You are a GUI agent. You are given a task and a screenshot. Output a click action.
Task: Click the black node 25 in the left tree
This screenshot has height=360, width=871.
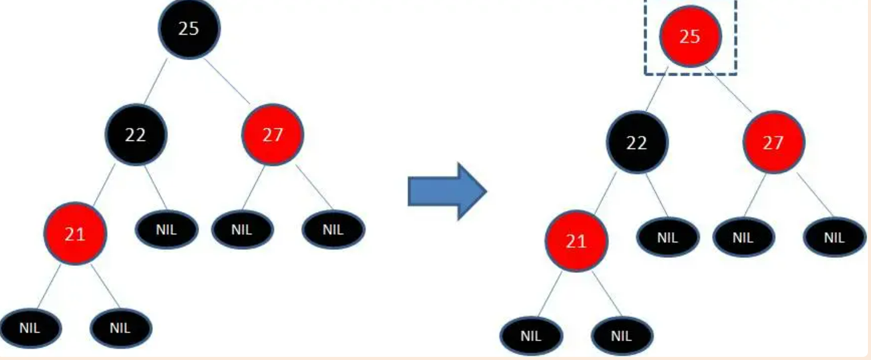coord(189,28)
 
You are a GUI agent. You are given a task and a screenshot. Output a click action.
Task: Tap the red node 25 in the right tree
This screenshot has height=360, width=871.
coord(690,36)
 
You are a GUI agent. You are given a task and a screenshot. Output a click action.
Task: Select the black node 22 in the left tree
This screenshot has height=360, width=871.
coord(135,135)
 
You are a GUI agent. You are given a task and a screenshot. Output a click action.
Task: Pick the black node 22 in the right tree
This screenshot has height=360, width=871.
coord(637,143)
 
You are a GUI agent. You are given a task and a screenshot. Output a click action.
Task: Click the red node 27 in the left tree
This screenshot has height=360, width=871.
coord(273,135)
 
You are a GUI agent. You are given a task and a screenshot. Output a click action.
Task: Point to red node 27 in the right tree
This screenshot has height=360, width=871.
coord(773,143)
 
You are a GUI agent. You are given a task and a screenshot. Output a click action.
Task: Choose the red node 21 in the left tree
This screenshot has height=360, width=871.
coord(75,233)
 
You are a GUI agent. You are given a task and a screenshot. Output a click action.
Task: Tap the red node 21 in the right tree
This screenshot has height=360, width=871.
coord(576,241)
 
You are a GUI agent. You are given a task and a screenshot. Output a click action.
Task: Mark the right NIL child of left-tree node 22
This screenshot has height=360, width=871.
coord(166,230)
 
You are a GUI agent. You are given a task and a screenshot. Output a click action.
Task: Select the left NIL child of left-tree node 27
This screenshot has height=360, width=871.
coord(242,230)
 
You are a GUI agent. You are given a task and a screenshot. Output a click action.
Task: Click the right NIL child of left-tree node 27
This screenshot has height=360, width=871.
coord(333,230)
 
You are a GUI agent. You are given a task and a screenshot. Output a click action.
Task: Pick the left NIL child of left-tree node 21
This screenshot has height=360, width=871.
coord(30,328)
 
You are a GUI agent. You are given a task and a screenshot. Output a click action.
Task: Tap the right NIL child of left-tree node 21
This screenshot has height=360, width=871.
coord(121,328)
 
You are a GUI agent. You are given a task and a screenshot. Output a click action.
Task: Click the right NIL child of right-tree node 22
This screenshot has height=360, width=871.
coord(668,237)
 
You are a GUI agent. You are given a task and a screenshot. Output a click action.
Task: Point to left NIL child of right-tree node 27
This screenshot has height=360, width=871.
coord(743,237)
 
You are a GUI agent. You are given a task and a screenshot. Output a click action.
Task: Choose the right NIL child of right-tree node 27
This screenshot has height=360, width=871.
coord(834,237)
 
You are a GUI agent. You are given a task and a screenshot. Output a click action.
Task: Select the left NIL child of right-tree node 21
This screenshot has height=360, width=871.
coord(531,336)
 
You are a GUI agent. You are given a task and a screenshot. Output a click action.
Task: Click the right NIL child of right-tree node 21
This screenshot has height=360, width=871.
coord(622,336)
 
